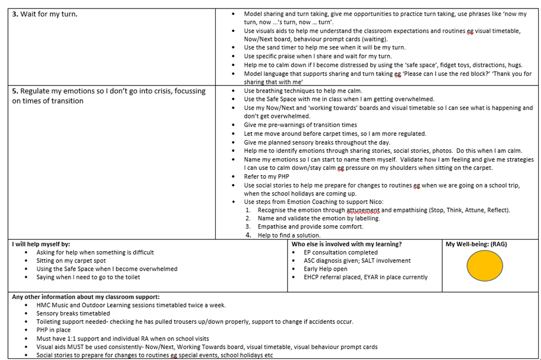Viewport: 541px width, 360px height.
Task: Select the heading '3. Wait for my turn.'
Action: (45, 14)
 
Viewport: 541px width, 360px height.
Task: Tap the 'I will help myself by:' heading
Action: (41, 244)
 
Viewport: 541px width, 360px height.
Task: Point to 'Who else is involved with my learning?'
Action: (346, 244)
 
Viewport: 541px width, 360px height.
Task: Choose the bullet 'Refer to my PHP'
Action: (266, 176)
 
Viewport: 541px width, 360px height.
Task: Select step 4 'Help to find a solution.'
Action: (289, 235)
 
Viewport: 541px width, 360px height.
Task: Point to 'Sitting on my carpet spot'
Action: (71, 261)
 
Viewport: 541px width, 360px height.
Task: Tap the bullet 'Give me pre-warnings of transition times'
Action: (300, 125)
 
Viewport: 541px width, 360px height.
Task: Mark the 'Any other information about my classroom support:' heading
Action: (86, 297)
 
